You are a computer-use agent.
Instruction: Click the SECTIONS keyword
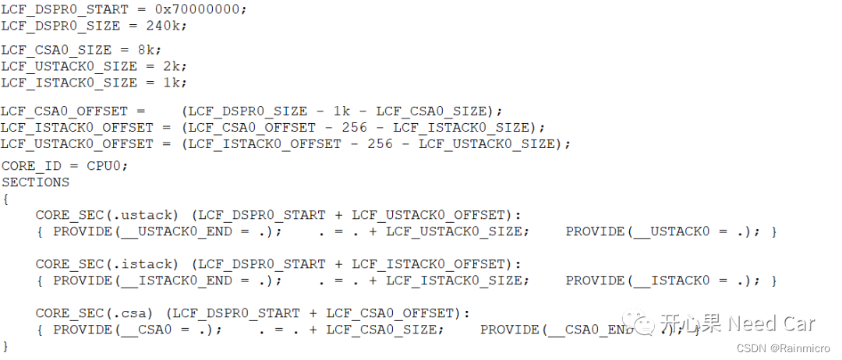click(x=35, y=182)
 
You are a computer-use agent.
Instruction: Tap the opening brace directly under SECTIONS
click(x=5, y=199)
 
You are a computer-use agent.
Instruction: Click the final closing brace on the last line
click(x=5, y=345)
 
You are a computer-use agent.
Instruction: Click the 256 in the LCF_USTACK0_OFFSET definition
click(x=380, y=143)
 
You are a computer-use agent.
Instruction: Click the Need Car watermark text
click(x=773, y=323)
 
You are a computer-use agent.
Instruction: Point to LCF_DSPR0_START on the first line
click(x=61, y=9)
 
